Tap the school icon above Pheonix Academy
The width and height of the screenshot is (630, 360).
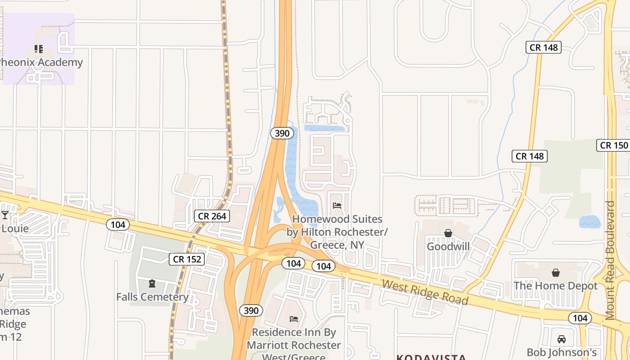[x=39, y=49]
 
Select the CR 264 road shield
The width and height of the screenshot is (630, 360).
[x=212, y=216]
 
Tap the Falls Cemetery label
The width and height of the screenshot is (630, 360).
[x=152, y=297]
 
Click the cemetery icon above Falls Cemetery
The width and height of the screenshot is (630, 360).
[x=152, y=283]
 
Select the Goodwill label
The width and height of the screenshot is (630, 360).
[x=448, y=247]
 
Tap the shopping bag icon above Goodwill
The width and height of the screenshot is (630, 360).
[x=448, y=233]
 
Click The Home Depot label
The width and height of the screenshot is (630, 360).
[x=555, y=286]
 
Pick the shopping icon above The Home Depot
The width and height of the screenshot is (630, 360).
[x=556, y=273]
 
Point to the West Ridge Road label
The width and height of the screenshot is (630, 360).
[x=425, y=292]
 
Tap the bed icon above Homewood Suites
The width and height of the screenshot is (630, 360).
[x=337, y=206]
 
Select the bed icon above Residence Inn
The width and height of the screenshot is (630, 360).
[x=294, y=319]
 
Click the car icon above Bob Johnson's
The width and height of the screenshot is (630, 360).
[x=561, y=339]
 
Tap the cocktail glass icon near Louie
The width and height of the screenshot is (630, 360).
[x=5, y=215]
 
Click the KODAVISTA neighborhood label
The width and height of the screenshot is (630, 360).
[x=431, y=357]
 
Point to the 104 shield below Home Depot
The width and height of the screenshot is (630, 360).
[x=580, y=318]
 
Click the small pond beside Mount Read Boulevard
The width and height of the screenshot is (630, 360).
[x=589, y=222]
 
